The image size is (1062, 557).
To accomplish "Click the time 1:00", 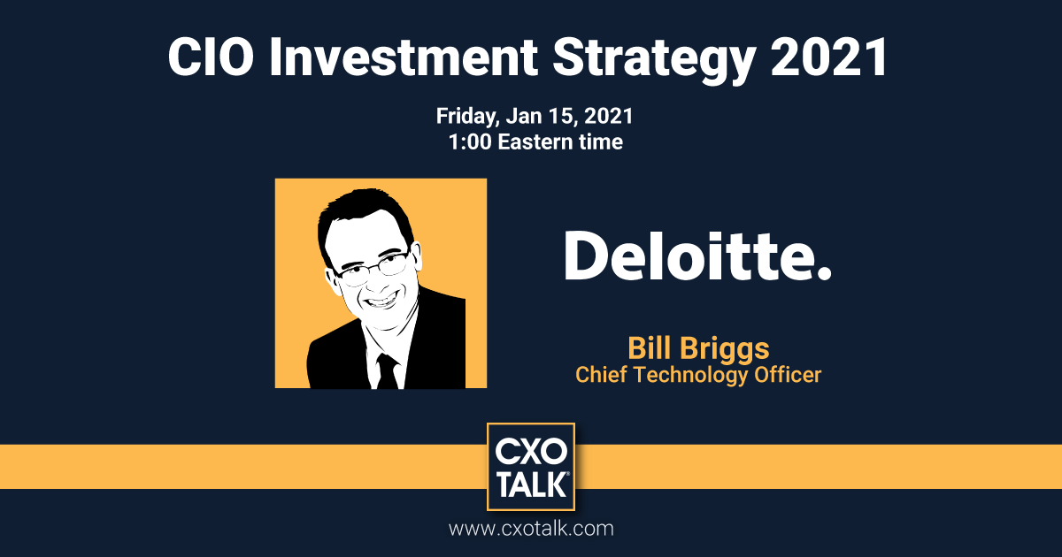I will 470,141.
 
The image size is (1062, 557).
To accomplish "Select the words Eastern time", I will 560,141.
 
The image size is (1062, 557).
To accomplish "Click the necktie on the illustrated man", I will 387,371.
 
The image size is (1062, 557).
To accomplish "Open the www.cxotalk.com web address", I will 531,530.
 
